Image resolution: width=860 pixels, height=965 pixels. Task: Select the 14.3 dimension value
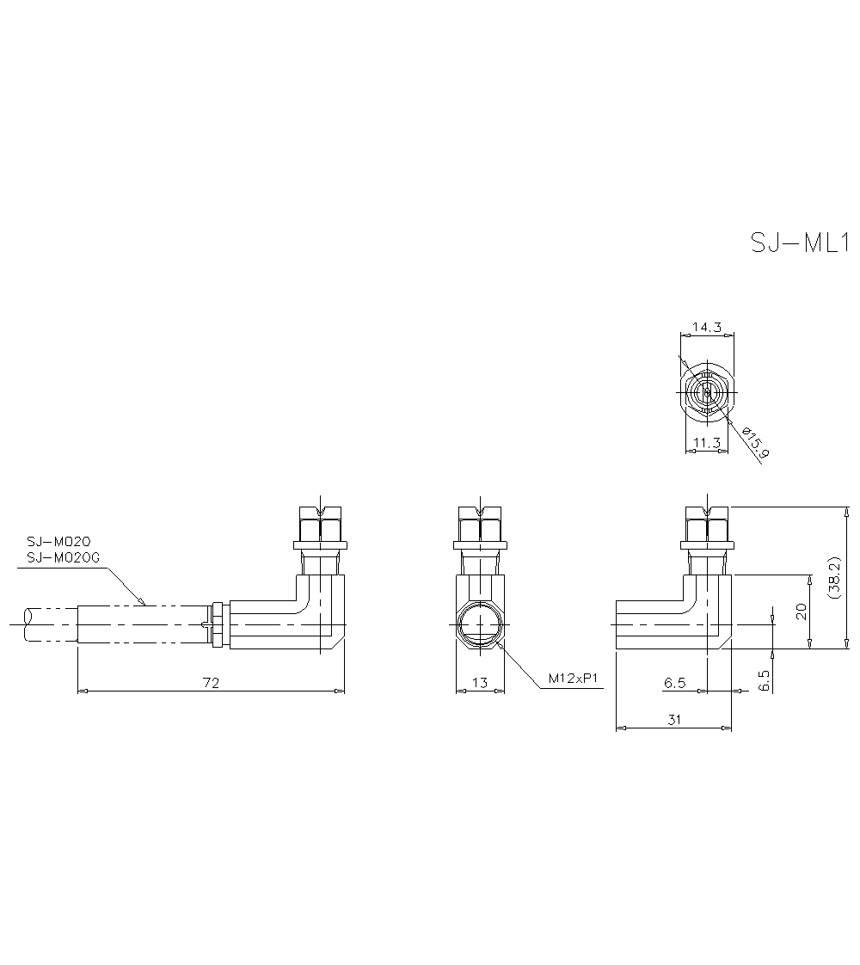[x=706, y=327]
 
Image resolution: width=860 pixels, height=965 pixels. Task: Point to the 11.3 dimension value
[x=705, y=443]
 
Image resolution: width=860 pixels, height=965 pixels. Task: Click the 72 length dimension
[x=211, y=683]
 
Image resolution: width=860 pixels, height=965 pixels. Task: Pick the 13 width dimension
[x=480, y=683]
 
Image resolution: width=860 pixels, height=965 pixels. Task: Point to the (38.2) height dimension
[x=832, y=578]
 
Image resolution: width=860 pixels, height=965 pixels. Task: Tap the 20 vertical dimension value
[x=801, y=612]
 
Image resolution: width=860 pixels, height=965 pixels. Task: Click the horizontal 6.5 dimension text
[x=674, y=683]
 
